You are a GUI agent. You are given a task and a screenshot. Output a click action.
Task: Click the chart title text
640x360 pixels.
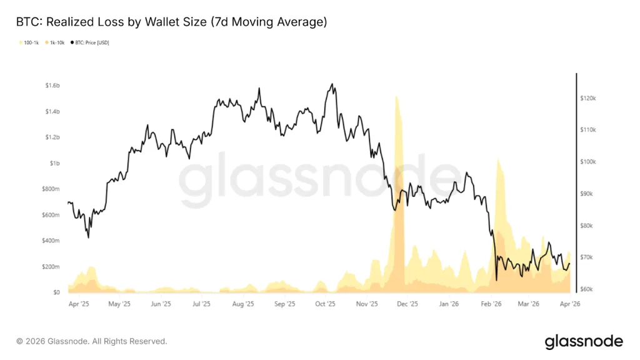pyautogui.click(x=171, y=22)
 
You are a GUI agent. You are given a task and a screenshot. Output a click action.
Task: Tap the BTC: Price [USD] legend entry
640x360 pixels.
pyautogui.click(x=91, y=42)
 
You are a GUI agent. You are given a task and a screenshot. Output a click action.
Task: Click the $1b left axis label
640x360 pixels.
pyautogui.click(x=54, y=163)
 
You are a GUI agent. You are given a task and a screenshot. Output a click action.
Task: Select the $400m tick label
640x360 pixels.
pyautogui.click(x=51, y=241)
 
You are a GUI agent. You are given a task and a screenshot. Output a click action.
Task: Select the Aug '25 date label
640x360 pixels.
pyautogui.click(x=242, y=304)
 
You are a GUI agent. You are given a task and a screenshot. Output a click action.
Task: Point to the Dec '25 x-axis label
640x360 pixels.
pyautogui.click(x=407, y=304)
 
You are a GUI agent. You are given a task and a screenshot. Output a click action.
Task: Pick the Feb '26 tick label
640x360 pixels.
pyautogui.click(x=491, y=304)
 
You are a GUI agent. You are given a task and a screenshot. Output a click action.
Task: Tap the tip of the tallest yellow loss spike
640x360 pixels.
pyautogui.click(x=396, y=96)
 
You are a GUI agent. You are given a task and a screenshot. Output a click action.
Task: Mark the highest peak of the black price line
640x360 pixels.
pyautogui.click(x=332, y=84)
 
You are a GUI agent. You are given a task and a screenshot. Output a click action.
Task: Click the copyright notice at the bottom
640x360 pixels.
pyautogui.click(x=92, y=341)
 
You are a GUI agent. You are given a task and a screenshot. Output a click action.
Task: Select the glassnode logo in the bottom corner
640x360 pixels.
pyautogui.click(x=584, y=341)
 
